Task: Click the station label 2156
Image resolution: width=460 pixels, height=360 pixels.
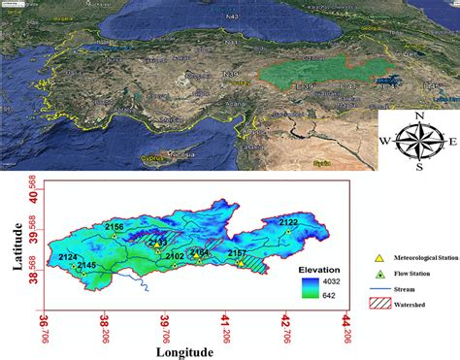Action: click(x=115, y=226)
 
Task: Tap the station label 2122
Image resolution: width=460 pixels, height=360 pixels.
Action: click(x=289, y=222)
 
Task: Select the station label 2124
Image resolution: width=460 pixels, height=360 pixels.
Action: click(x=68, y=257)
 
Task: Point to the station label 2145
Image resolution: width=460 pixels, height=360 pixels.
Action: click(x=86, y=265)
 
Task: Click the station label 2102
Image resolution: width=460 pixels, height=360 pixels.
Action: click(x=175, y=256)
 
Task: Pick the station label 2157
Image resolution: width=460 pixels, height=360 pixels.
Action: click(x=237, y=253)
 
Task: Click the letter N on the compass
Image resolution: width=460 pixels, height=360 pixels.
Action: click(x=419, y=116)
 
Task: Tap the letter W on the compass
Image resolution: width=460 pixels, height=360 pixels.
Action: click(x=385, y=141)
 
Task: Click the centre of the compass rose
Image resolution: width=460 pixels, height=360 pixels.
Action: click(x=419, y=141)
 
